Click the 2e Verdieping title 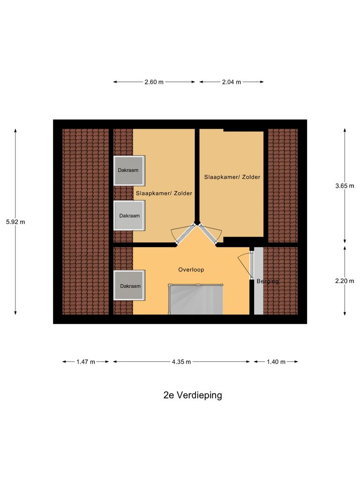point(193,395)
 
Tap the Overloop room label point(191,270)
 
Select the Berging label point(268,281)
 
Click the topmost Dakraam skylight point(129,170)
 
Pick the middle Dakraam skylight point(129,216)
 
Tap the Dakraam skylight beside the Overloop point(129,286)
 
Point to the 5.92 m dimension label point(15,222)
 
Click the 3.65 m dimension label point(345,186)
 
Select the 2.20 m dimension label point(345,281)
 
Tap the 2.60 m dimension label point(154,82)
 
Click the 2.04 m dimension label point(232,82)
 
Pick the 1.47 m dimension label point(86,362)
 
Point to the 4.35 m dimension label point(181,362)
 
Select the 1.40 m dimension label point(276,362)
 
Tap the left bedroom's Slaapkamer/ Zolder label point(164,193)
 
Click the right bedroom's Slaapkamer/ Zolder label point(232,177)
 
